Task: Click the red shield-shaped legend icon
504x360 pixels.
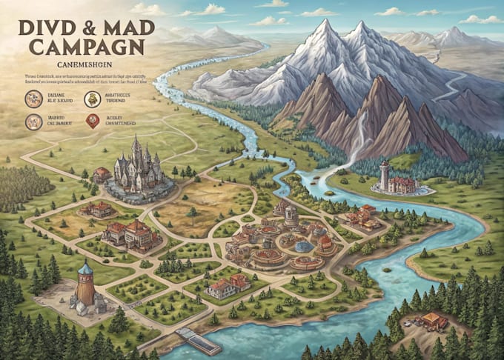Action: click(93, 121)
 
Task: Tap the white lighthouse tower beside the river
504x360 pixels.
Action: click(385, 175)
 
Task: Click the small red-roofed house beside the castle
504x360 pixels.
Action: click(102, 175)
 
